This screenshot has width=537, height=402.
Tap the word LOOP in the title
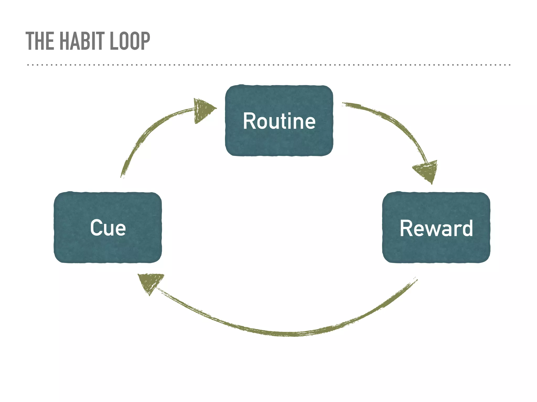click(130, 41)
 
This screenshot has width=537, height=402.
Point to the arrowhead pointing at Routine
click(203, 110)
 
